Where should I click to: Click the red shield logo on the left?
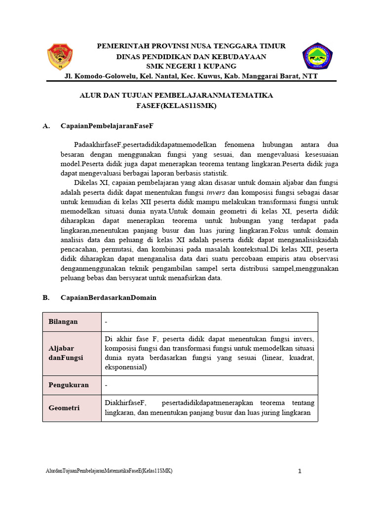pos(60,57)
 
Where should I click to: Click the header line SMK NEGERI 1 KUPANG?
pos(191,66)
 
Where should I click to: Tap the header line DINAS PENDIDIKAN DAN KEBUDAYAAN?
pos(191,56)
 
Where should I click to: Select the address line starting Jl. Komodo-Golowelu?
pos(191,76)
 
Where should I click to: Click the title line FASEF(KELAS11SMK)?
pos(176,106)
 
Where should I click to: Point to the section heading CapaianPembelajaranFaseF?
pos(108,126)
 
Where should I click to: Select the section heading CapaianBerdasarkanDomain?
pos(108,297)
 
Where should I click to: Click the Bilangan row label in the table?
pos(63,322)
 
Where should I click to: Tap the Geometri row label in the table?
pos(64,408)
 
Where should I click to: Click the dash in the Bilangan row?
pos(106,322)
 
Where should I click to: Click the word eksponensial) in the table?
pos(125,367)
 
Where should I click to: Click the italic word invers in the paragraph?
pos(216,192)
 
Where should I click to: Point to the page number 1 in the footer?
pos(300,471)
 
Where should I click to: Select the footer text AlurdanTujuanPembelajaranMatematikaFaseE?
pos(109,471)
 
